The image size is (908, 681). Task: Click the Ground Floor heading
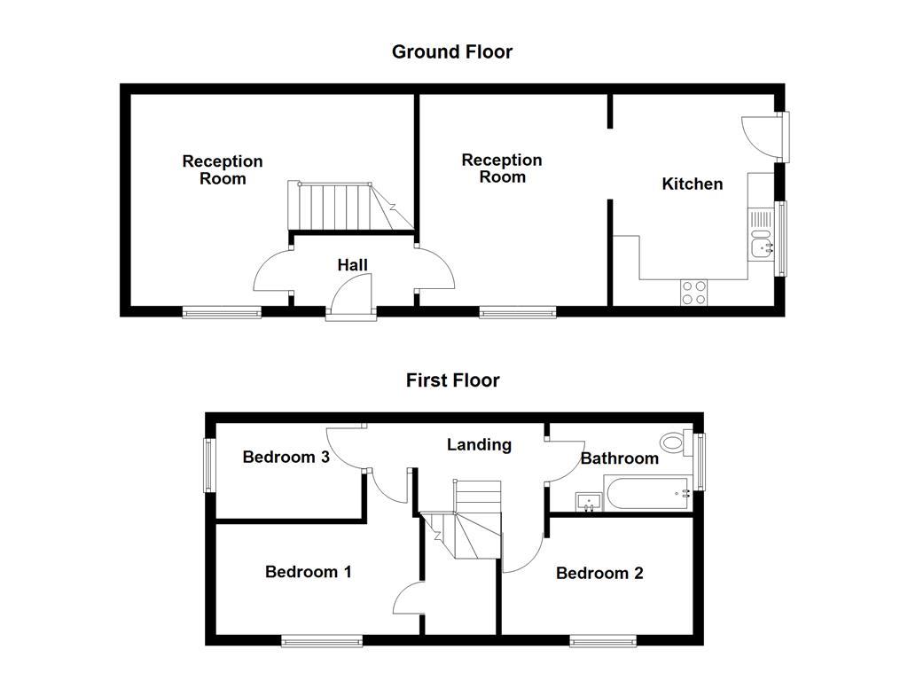(452, 51)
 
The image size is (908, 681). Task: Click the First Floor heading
(452, 380)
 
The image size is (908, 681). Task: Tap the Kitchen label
(693, 184)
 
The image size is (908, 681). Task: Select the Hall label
(352, 265)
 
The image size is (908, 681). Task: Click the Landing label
(479, 444)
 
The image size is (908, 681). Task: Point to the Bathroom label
(619, 458)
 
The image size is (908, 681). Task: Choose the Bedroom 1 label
(308, 572)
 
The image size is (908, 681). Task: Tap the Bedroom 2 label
(599, 573)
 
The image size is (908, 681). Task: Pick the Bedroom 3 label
(286, 457)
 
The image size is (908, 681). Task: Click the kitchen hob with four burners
(693, 292)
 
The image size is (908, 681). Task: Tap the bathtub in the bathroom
(647, 492)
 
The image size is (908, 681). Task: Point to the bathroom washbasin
(589, 502)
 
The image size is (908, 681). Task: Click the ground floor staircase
(337, 207)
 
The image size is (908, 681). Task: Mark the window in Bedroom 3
(209, 465)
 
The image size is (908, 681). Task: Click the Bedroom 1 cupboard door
(408, 599)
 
